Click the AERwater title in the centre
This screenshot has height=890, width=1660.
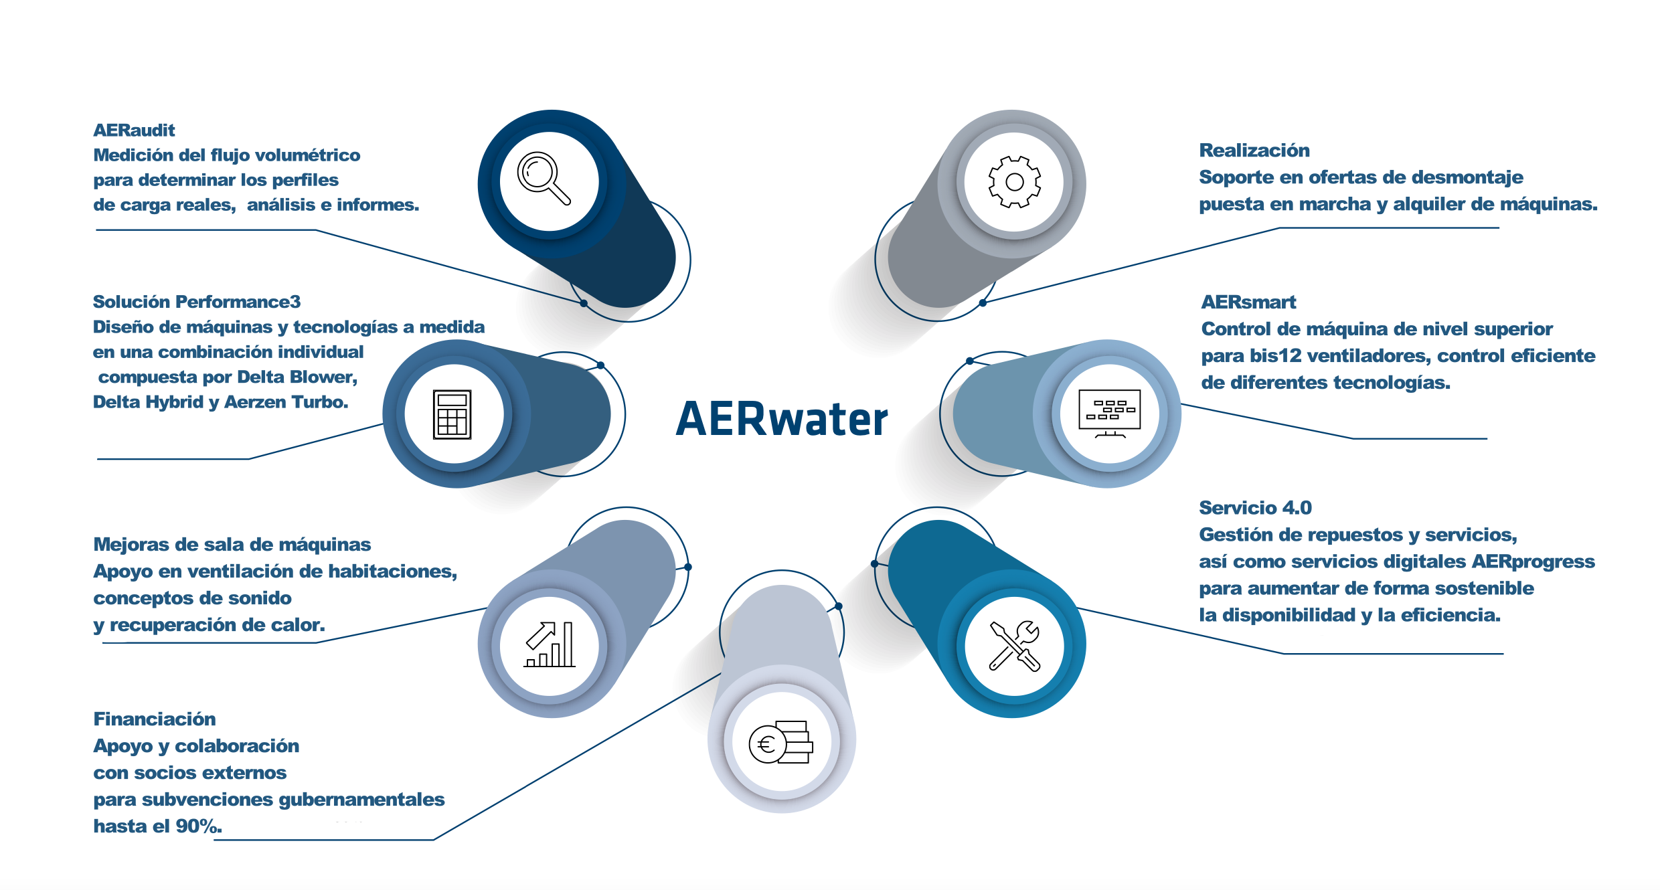pos(782,419)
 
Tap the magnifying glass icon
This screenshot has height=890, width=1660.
pos(544,178)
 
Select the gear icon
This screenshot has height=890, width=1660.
pos(1015,181)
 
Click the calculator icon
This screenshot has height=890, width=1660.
pos(452,414)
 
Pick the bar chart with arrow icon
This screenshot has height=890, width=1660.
pos(550,644)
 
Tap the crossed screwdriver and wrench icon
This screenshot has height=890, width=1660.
pos(1015,645)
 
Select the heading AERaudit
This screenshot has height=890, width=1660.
pos(134,130)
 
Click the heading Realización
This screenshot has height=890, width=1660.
pos(1254,150)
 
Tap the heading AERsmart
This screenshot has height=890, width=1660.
pos(1248,302)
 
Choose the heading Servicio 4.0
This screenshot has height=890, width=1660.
pos(1255,507)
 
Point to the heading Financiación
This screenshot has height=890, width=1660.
pos(155,719)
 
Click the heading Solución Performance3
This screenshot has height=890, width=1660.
pos(197,302)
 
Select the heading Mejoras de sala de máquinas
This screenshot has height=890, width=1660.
pos(232,544)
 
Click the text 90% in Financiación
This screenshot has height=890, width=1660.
pos(197,826)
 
